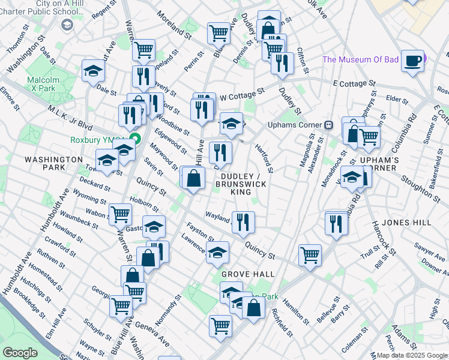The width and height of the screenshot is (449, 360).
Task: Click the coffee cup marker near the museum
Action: (x=412, y=61)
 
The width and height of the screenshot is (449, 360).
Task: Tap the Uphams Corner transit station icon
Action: (x=329, y=125)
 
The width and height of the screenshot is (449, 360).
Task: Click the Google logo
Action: (x=20, y=353)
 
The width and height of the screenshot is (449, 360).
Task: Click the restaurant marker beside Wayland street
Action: (x=243, y=222)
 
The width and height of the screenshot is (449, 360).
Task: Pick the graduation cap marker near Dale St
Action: (x=94, y=71)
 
